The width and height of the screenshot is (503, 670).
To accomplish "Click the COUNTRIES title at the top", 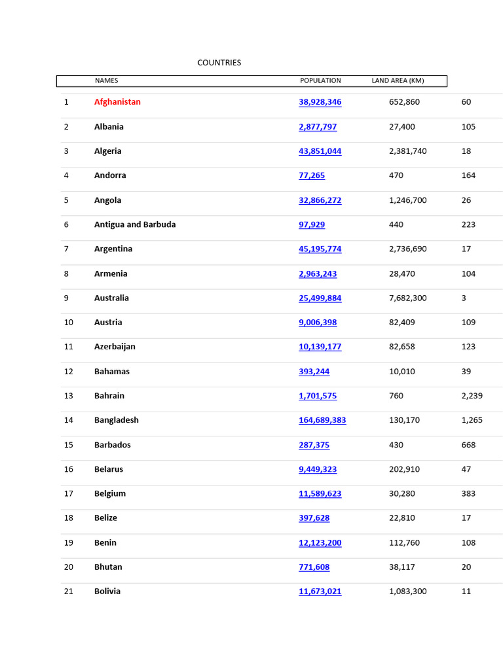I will [x=219, y=63].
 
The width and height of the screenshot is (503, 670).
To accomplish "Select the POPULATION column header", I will [x=320, y=81].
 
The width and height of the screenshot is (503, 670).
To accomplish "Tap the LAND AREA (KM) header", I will [x=398, y=81].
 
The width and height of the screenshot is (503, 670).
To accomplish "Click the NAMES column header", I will [x=106, y=81].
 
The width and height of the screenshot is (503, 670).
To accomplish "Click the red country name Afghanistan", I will [x=117, y=102].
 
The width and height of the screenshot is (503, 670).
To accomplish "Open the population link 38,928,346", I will [x=320, y=102].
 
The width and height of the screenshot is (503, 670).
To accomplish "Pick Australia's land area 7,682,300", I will [x=407, y=298].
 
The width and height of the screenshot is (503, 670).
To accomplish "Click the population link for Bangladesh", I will [x=322, y=420].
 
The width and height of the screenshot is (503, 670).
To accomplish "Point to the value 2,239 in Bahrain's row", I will [x=472, y=396].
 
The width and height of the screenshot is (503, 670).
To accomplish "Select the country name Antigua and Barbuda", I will [x=135, y=224].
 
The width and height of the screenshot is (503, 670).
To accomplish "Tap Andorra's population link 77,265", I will [x=312, y=175].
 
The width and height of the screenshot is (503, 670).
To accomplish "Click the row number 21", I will [x=69, y=591].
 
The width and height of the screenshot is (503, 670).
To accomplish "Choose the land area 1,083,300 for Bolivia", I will [x=407, y=591].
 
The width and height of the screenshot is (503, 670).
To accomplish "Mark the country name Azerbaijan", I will [x=115, y=347].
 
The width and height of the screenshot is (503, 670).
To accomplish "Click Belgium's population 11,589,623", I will [x=320, y=494].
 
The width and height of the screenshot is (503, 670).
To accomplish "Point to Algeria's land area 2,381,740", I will [x=407, y=151].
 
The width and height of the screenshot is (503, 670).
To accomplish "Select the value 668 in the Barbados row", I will [x=468, y=445].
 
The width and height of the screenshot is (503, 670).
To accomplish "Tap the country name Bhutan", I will [x=108, y=567].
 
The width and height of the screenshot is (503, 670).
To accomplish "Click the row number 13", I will [x=69, y=396].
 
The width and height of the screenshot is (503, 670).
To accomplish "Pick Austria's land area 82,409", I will [x=402, y=323].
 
